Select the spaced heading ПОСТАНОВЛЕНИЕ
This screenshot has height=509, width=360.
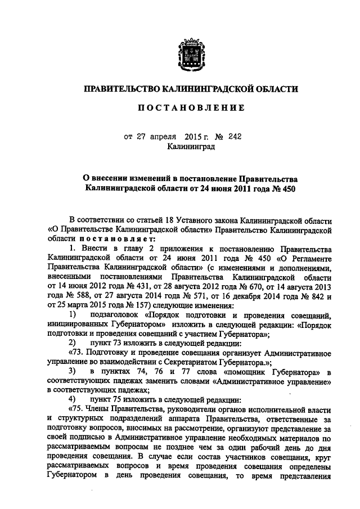click(x=187, y=107)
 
